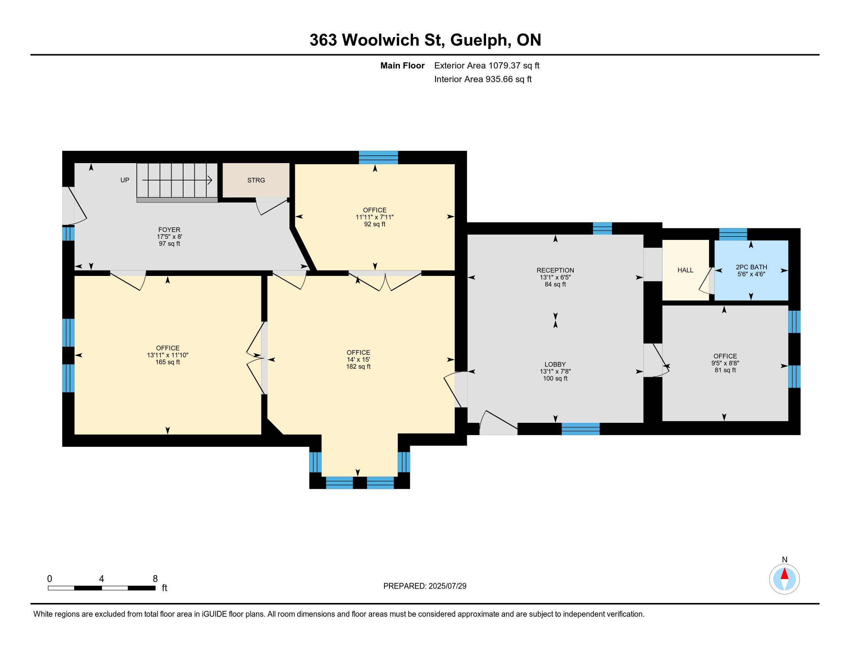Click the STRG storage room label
(x=256, y=180)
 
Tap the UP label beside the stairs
(x=124, y=180)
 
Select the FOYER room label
(x=169, y=230)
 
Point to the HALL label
(x=685, y=270)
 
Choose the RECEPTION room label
(x=555, y=270)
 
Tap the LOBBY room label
(x=555, y=364)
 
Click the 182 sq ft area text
(x=359, y=367)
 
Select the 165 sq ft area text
(x=168, y=362)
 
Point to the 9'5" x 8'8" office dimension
(x=725, y=363)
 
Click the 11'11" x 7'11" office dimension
(x=375, y=217)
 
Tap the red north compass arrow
(x=785, y=574)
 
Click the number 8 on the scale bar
(x=155, y=579)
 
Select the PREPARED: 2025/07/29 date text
(x=425, y=586)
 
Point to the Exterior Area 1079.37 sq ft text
(x=487, y=65)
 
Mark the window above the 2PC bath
(x=733, y=234)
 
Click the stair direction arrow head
(x=209, y=180)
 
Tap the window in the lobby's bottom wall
(x=580, y=429)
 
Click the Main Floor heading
(x=403, y=65)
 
